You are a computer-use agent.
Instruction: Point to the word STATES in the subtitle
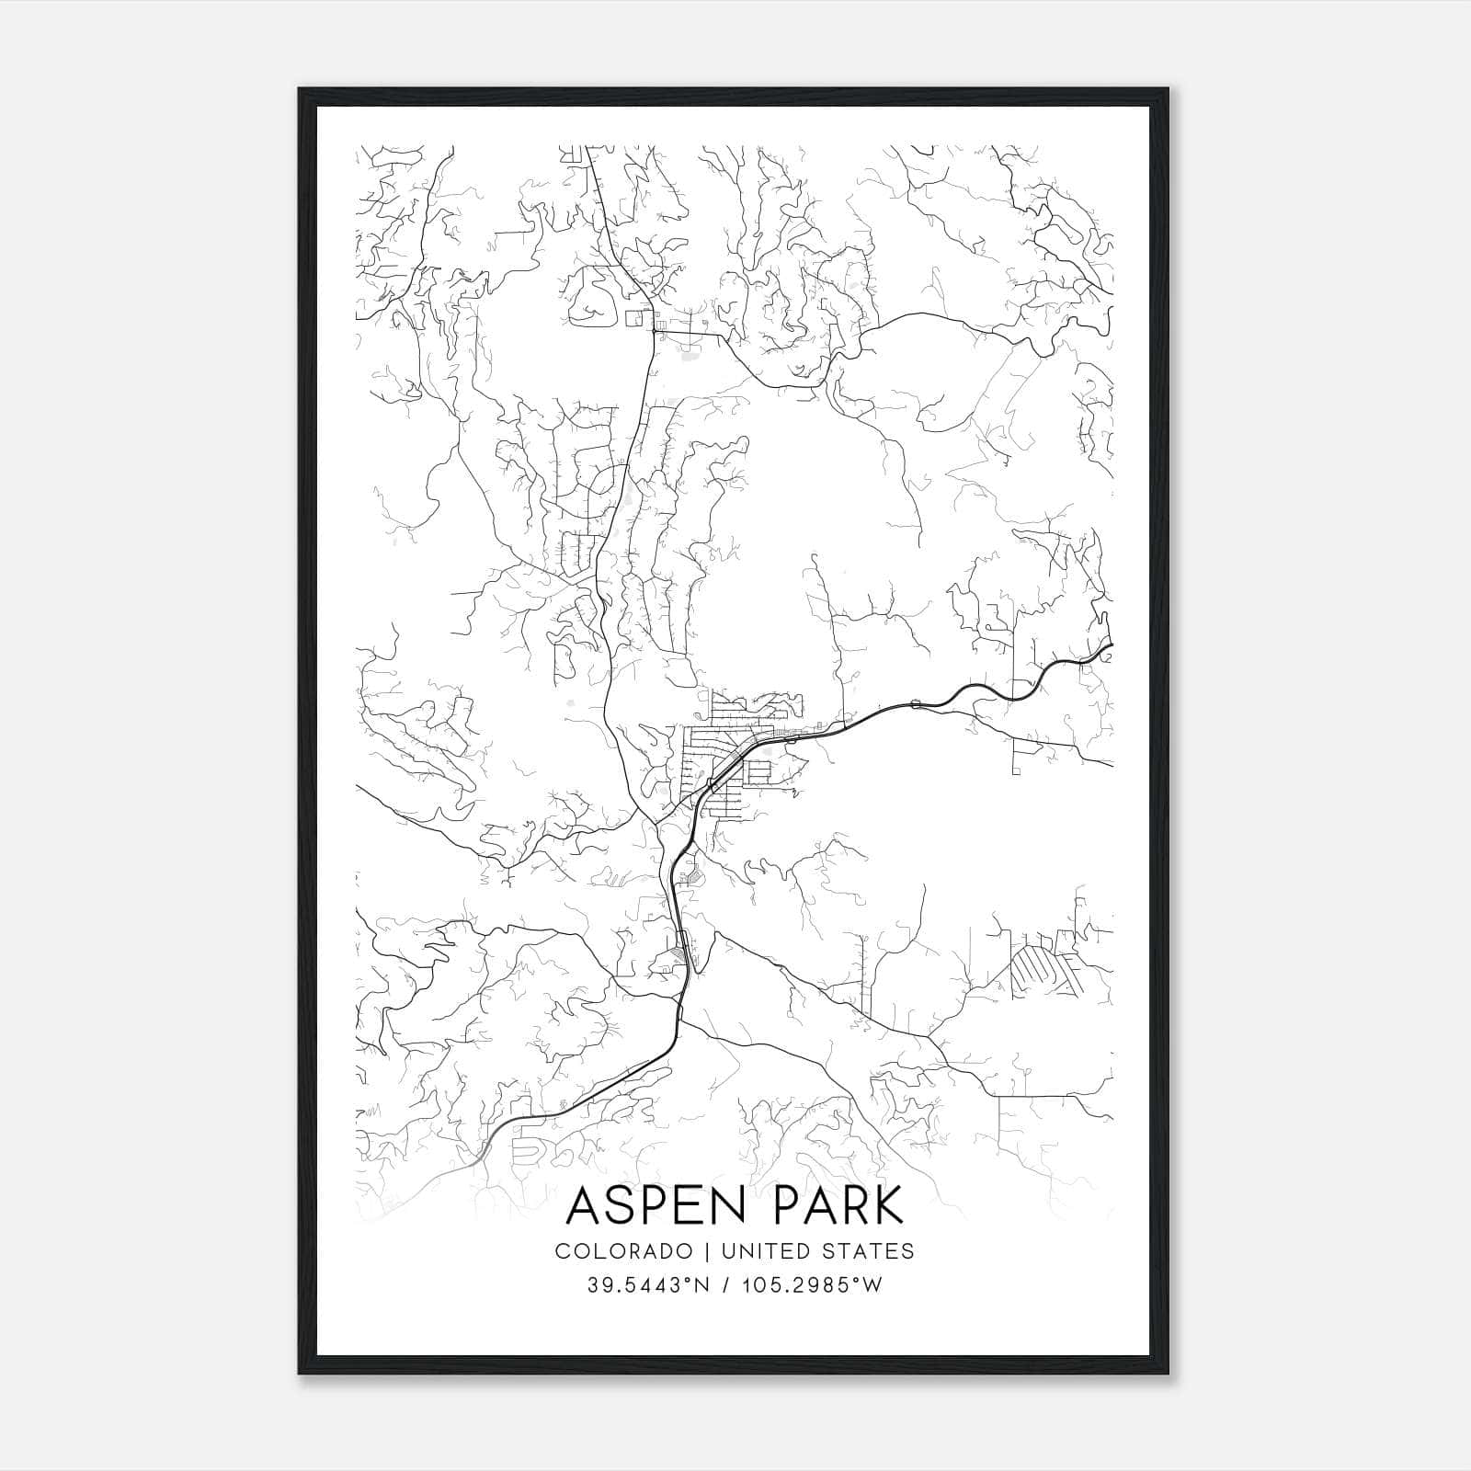(869, 1251)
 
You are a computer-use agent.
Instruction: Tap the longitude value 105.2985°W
(810, 1285)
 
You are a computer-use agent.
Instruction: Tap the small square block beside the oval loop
(633, 318)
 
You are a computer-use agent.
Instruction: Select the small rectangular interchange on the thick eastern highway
(915, 704)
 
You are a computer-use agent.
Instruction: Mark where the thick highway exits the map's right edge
(1111, 649)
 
